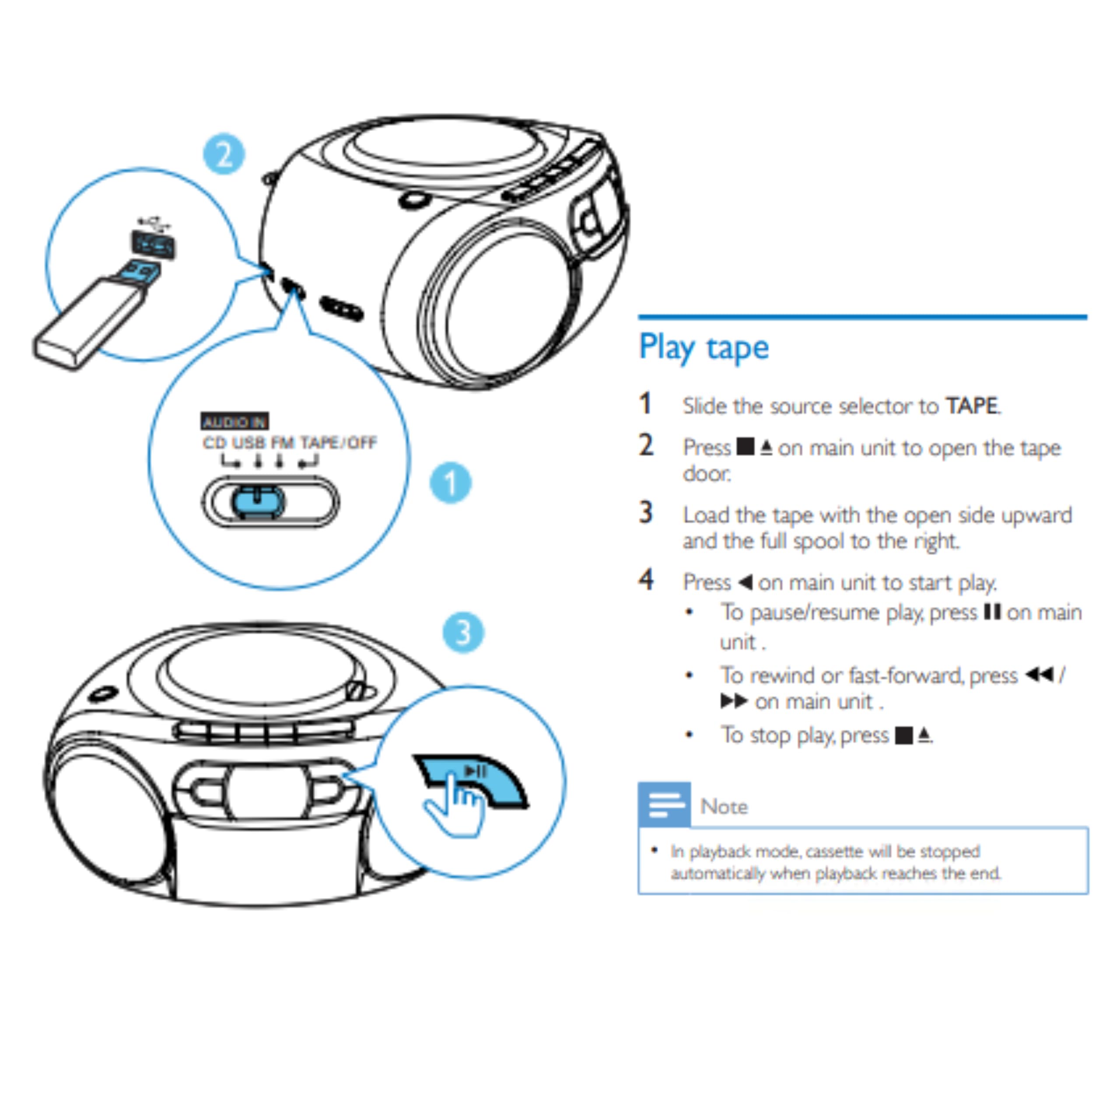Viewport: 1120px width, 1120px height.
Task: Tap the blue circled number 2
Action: tap(223, 154)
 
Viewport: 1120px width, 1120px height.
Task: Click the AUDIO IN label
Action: tap(234, 421)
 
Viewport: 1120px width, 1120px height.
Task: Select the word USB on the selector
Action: tap(248, 443)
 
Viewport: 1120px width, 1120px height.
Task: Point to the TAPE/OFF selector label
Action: tap(339, 443)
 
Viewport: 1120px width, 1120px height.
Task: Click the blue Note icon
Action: tap(665, 805)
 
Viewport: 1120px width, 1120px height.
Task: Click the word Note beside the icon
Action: tap(724, 806)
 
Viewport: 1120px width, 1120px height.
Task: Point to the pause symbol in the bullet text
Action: tap(992, 612)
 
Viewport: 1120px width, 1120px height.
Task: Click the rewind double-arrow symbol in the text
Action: tap(1039, 675)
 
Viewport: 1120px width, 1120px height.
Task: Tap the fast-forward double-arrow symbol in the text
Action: tap(733, 701)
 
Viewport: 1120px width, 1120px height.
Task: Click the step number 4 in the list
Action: tap(646, 580)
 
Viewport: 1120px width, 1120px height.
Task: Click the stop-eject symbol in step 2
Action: tap(754, 447)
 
